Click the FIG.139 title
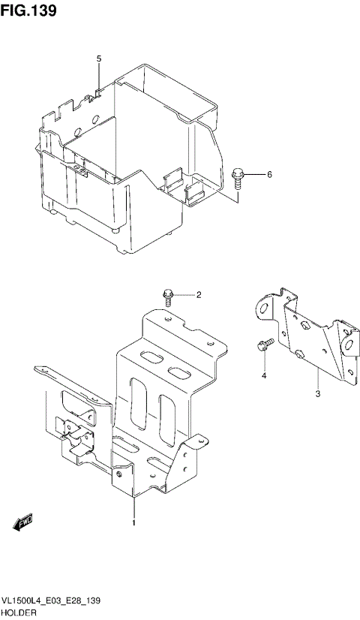pos(29,12)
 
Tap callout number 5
pos(98,59)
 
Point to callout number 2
pos(199,295)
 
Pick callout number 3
pos(317,393)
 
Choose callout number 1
pos(133,522)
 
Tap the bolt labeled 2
pos(169,296)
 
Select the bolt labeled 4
pos(262,347)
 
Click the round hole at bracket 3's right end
pos(346,345)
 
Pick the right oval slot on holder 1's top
pos(180,373)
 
